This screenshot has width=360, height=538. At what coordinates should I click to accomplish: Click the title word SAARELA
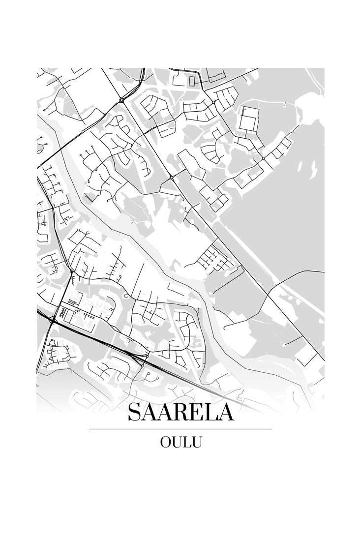point(180,412)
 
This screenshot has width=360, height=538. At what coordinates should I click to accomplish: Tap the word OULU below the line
point(180,442)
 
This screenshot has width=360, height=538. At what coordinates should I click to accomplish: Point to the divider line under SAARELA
point(180,429)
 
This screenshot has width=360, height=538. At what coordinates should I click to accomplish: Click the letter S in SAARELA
point(134,412)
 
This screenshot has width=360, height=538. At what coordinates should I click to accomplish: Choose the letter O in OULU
point(165,442)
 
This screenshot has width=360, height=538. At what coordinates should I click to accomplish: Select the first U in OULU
point(177,442)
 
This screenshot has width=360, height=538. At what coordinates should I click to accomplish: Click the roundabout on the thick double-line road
point(121,100)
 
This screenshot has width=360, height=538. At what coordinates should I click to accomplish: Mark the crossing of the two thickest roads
point(53,320)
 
